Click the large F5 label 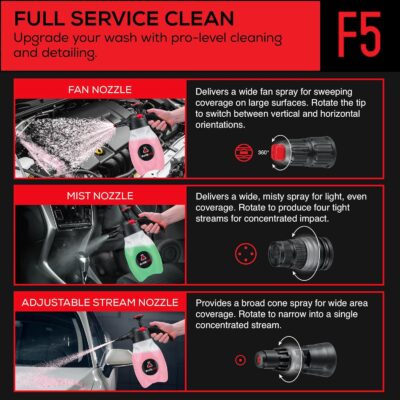pyautogui.click(x=359, y=34)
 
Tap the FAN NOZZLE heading pyautogui.click(x=100, y=90)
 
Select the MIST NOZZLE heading pyautogui.click(x=100, y=196)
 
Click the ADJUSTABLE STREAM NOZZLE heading pyautogui.click(x=100, y=302)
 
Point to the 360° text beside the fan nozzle pyautogui.click(x=263, y=153)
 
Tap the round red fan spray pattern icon pyautogui.click(x=244, y=153)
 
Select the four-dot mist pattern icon pyautogui.click(x=246, y=254)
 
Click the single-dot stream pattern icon pyautogui.click(x=240, y=360)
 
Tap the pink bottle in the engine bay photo pyautogui.click(x=146, y=147)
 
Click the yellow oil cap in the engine pyautogui.click(x=99, y=152)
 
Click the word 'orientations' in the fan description pyautogui.click(x=220, y=125)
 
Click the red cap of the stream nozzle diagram pyautogui.click(x=262, y=360)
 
